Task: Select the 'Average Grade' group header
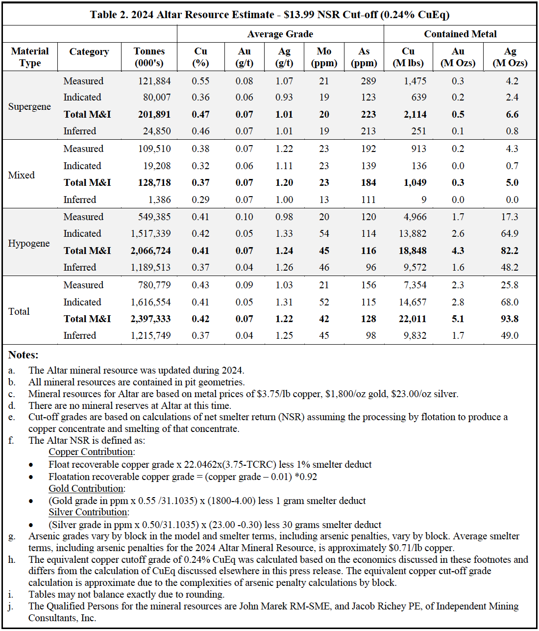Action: pos(280,34)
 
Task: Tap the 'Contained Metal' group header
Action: pos(460,34)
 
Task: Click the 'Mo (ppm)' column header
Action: pos(324,57)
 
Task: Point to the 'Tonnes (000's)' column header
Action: pos(149,57)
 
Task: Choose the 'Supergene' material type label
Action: pos(29,106)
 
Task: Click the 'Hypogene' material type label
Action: pos(29,243)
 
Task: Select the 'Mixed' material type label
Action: pos(22,175)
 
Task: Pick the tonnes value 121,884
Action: pos(154,81)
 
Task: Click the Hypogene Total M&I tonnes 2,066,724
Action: pos(150,251)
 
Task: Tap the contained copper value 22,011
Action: pos(412,319)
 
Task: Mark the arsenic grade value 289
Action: pos(368,81)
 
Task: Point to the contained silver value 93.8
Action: pos(510,319)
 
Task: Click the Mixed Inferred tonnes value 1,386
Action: pos(160,200)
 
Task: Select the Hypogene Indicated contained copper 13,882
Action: pos(412,233)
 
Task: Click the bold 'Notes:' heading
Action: pos(24,354)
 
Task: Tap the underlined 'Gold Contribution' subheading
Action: pos(86,488)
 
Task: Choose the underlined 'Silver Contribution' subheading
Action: pos(88,512)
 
